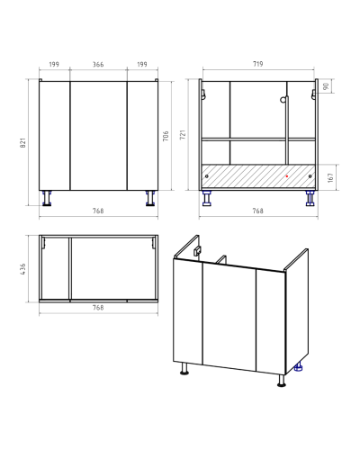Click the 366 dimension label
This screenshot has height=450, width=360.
coord(98,65)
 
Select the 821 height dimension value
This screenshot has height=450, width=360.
coord(23,142)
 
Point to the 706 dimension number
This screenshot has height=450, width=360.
coord(166,136)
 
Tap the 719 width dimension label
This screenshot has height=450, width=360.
coord(257,64)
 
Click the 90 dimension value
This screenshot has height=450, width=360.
coord(327,86)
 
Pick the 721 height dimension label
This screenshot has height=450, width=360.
coord(183,135)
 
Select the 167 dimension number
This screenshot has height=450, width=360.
coord(330,177)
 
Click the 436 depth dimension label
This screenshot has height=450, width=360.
coord(23,269)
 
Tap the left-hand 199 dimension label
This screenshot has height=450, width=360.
coord(54,65)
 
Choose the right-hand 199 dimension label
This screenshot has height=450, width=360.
coord(142,65)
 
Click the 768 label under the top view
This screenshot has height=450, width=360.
coord(98,308)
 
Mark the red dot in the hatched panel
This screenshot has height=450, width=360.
coord(287,176)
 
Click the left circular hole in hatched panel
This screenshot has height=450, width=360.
coord(206,176)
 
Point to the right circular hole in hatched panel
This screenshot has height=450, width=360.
coord(310,176)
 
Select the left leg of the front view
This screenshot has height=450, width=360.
coord(47,198)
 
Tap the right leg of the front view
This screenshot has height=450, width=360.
coord(150,198)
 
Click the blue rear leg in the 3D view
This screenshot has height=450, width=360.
coord(299,367)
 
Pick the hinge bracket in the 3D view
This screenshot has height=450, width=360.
coord(197,251)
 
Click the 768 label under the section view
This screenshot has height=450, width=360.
coord(257,211)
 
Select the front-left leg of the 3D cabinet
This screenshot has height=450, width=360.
coord(184,369)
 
